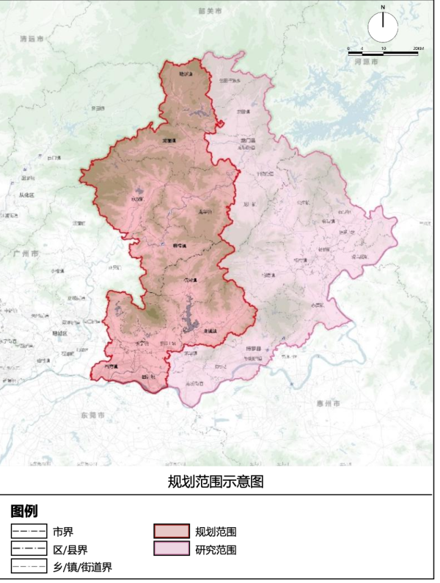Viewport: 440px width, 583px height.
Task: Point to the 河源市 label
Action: click(x=367, y=62)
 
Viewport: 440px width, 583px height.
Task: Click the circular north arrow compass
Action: click(x=382, y=28)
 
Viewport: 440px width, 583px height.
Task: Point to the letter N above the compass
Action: click(x=382, y=7)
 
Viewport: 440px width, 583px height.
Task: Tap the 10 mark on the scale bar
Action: click(x=383, y=48)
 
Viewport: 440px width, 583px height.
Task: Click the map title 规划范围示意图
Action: click(x=216, y=482)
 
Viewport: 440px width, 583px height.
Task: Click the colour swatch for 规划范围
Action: click(x=172, y=532)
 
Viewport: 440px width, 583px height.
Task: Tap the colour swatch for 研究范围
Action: click(x=172, y=549)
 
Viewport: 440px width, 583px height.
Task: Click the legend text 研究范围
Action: click(x=216, y=549)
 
